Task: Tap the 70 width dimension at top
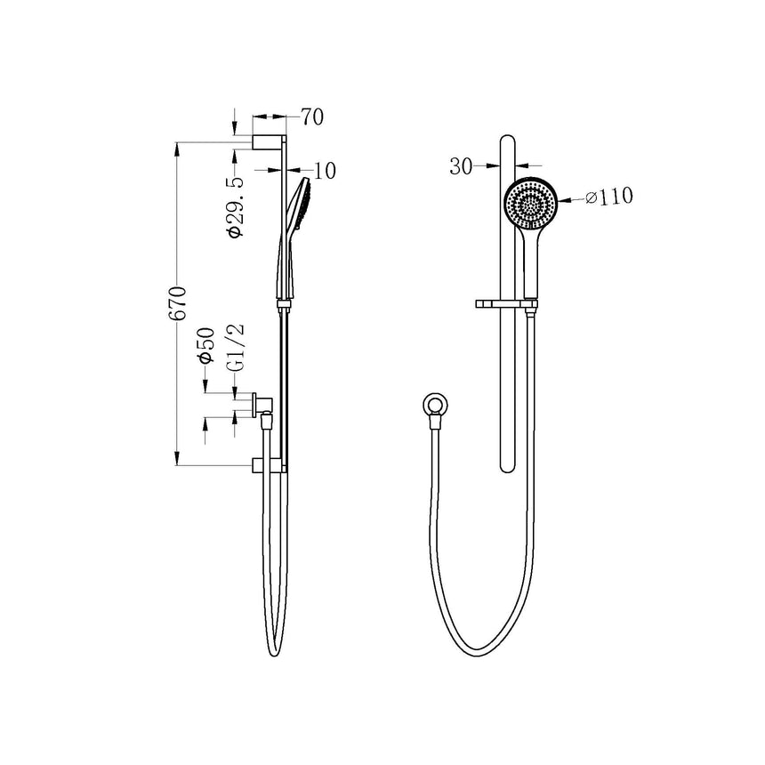coord(311,117)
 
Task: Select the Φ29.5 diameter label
coord(235,206)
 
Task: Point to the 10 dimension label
coord(326,170)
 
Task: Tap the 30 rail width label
coord(460,165)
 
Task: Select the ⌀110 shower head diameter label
coord(609,197)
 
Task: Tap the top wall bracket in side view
coord(268,141)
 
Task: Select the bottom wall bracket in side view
coord(269,465)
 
